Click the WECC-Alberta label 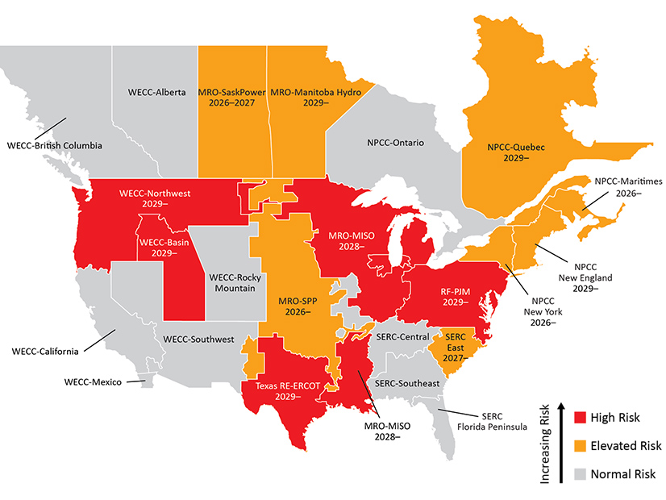tap(156, 93)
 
